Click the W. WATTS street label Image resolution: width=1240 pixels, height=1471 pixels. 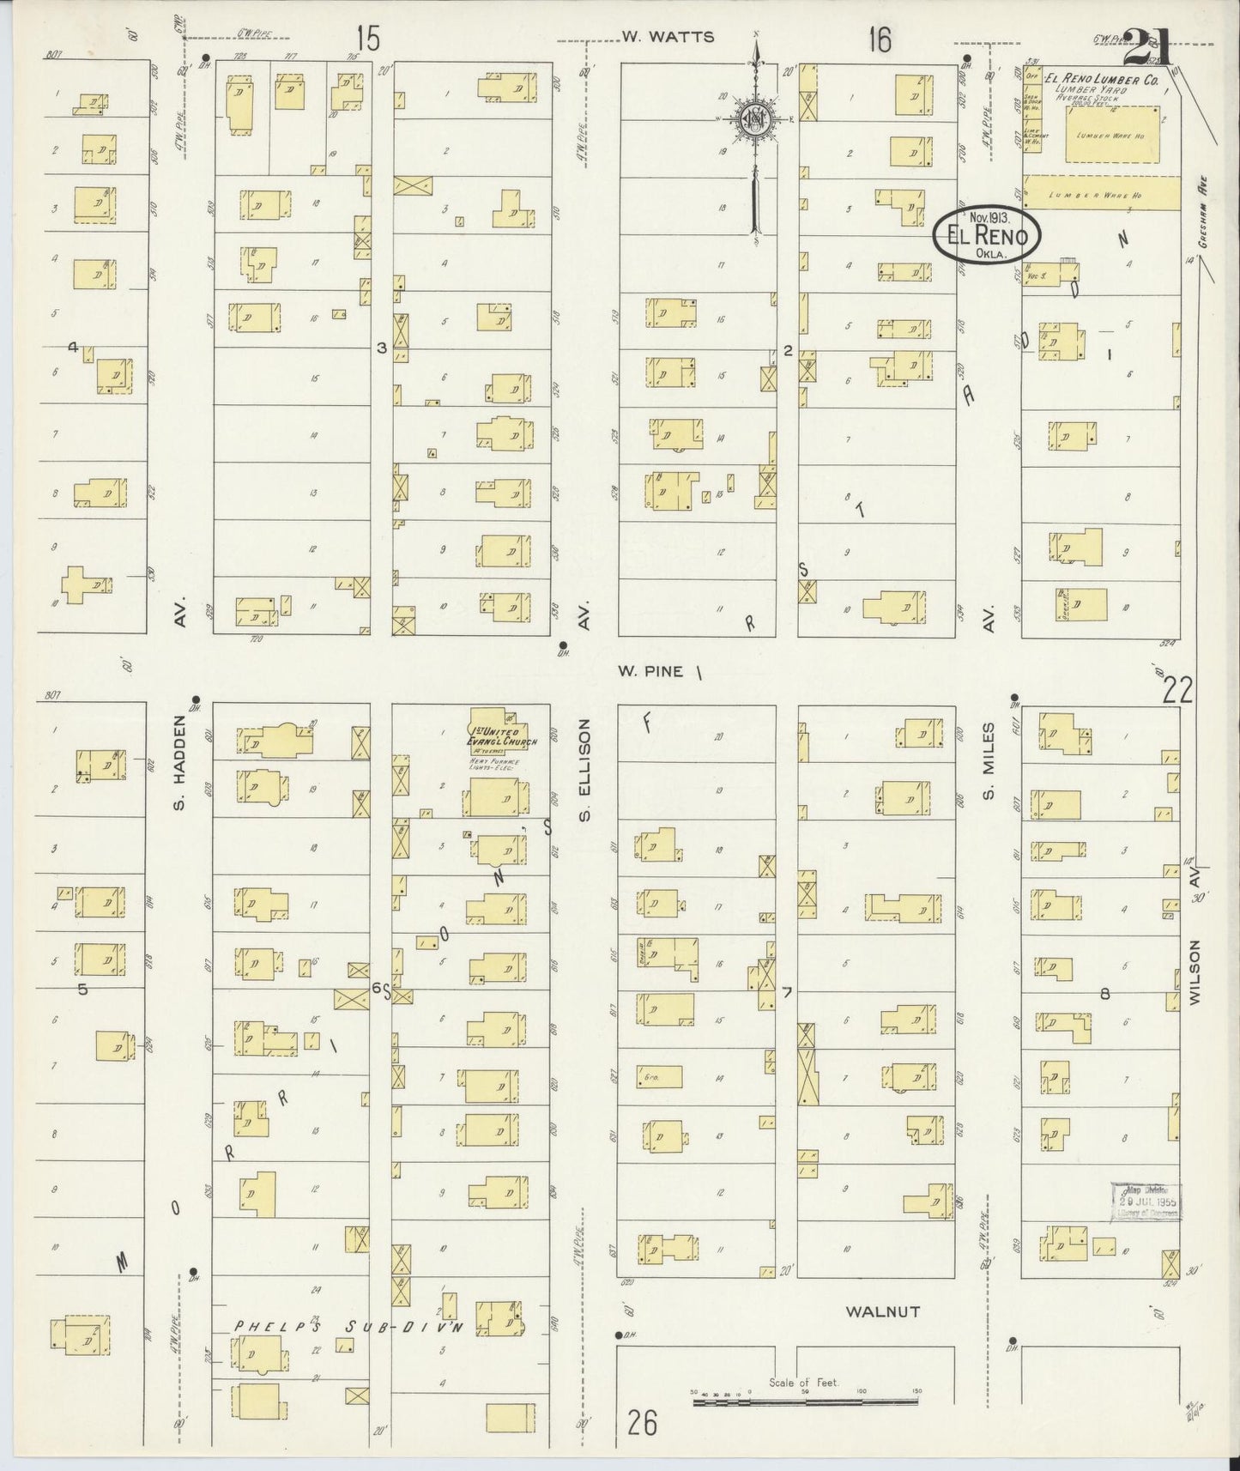coord(656,37)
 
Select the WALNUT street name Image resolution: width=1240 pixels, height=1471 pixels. coord(882,1335)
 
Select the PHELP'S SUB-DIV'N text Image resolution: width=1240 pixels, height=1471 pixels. coord(348,1352)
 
